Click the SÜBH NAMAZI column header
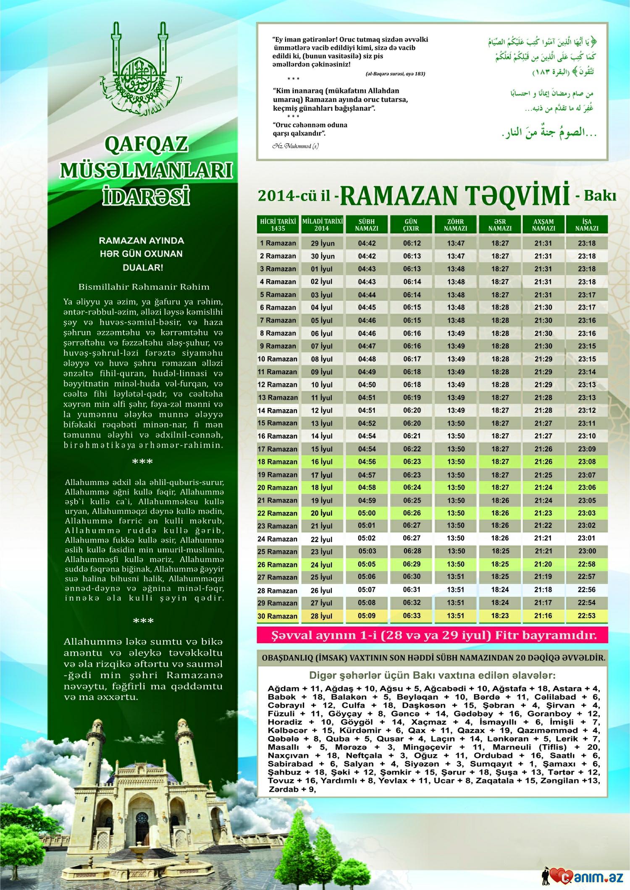[x=367, y=225]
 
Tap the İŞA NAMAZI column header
[x=587, y=225]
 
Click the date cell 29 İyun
[x=323, y=243]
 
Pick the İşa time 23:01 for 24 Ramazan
[x=587, y=539]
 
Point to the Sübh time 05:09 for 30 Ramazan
[x=367, y=616]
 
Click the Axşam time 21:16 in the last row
[x=543, y=616]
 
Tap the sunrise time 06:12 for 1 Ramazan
[x=412, y=243]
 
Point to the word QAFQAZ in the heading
[x=146, y=146]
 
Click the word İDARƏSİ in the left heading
[x=146, y=196]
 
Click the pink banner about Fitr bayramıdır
[x=433, y=635]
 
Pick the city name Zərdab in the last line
[x=285, y=789]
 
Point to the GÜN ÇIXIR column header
[x=412, y=225]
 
